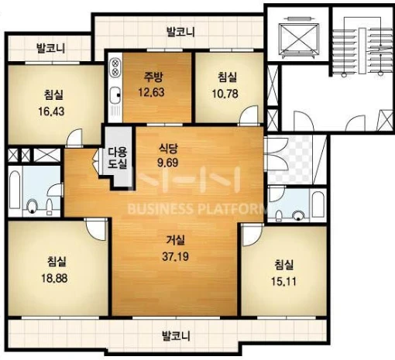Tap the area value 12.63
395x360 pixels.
[151, 92]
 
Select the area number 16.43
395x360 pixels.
[51, 111]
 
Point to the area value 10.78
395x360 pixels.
[225, 94]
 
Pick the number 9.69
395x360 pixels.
[168, 163]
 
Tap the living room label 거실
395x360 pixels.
[176, 241]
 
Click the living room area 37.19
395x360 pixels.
[175, 256]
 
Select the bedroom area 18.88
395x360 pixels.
[54, 278]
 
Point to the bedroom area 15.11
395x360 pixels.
[283, 281]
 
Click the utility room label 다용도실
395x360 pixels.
[118, 158]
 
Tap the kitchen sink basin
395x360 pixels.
[115, 95]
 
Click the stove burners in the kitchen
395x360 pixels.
[115, 67]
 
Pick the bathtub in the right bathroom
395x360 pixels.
[318, 204]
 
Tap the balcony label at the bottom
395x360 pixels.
[176, 336]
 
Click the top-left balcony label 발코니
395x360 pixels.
[51, 48]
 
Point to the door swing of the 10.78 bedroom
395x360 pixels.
[249, 115]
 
